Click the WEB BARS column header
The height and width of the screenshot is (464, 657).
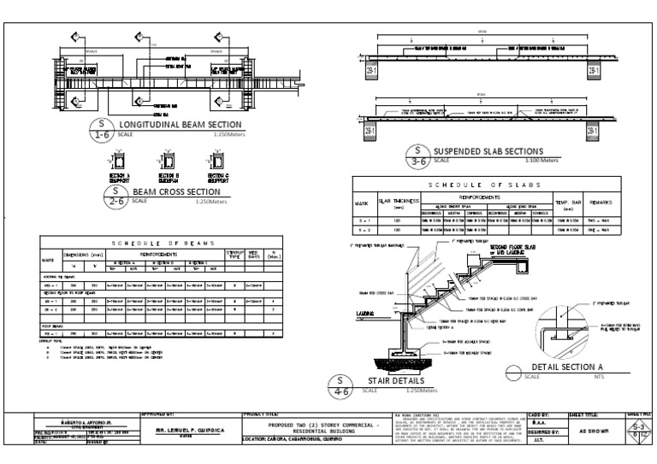254,254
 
